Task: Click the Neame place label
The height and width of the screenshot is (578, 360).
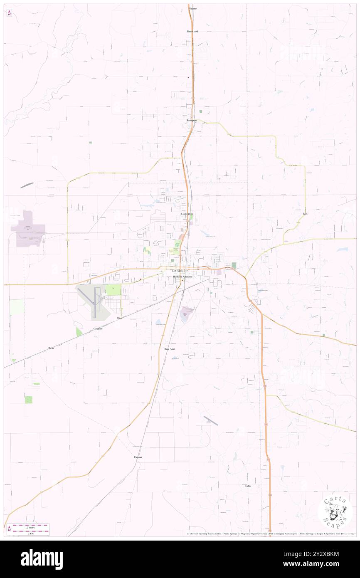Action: (x=192, y=8)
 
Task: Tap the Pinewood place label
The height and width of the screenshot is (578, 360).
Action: (x=192, y=31)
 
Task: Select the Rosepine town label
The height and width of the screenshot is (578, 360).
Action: (x=191, y=120)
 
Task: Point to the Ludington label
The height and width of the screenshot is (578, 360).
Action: (x=186, y=214)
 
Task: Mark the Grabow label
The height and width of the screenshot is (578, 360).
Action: (x=98, y=329)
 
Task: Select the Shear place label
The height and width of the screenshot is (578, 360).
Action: (x=51, y=347)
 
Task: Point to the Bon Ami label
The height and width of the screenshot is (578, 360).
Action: (x=169, y=349)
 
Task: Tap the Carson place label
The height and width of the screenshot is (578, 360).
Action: (x=138, y=457)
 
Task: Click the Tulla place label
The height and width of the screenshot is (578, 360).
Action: (x=248, y=486)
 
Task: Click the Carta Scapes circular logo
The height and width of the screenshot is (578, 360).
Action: (x=335, y=512)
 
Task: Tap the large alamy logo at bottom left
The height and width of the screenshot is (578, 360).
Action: (x=42, y=559)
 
